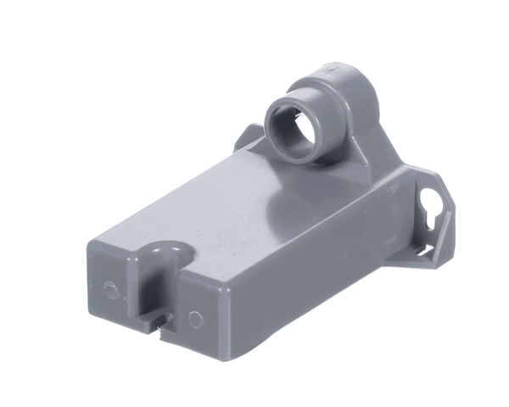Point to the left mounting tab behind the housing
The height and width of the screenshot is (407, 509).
coord(249,138)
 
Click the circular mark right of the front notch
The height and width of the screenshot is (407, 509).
coord(197,320)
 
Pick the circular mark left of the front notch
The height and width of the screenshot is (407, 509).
coord(109,288)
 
